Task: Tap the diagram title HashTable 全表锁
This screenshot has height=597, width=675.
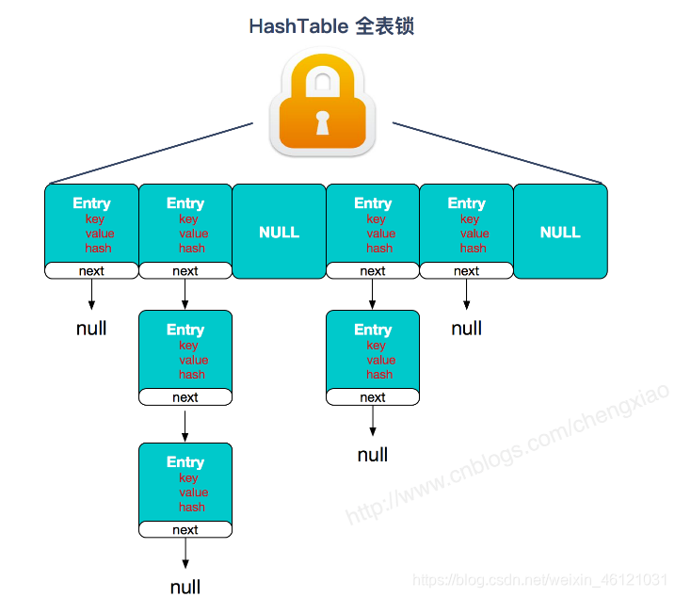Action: pos(331,26)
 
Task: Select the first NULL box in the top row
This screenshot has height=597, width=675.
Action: pos(279,232)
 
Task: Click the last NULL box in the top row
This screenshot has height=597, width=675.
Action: pos(560,232)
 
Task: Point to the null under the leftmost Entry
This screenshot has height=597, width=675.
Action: pos(91,329)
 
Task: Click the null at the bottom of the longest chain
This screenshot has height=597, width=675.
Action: pos(185,587)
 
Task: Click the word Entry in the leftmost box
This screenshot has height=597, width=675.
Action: pos(91,203)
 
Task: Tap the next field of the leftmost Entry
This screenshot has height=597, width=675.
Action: pos(91,271)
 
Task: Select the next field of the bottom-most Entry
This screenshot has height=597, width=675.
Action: pos(185,529)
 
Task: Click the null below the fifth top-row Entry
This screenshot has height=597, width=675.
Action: pos(467,329)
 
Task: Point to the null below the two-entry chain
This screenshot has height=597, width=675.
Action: pos(373,456)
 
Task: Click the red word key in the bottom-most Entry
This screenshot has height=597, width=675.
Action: pos(189,478)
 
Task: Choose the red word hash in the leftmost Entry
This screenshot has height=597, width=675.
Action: pos(98,249)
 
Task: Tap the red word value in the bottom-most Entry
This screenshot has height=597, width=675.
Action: pos(194,492)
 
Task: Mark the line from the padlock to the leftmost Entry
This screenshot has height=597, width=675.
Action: pos(151,153)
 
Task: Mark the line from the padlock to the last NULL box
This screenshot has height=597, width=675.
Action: pos(497,153)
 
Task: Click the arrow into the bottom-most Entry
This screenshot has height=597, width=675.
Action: pos(185,425)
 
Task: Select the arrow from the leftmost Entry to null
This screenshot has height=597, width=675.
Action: pos(91,295)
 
